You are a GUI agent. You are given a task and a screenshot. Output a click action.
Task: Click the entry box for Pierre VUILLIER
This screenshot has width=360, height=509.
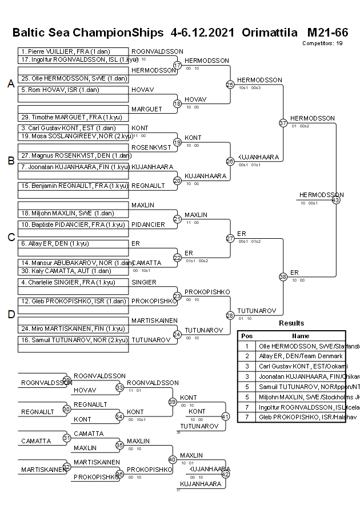coord(73,51)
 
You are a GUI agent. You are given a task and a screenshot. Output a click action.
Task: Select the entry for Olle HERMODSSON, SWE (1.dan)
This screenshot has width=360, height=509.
coord(73,78)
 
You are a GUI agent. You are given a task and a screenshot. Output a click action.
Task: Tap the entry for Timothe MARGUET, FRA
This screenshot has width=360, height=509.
coord(73,117)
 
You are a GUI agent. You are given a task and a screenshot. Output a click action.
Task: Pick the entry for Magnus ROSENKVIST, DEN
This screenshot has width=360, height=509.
coord(73,155)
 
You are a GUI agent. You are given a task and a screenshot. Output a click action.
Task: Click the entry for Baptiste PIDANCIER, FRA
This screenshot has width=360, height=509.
coord(73,225)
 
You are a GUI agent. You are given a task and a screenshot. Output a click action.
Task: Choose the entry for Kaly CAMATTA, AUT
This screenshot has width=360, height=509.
coord(73,271)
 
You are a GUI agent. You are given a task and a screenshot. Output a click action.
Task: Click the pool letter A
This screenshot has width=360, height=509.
coord(10,84)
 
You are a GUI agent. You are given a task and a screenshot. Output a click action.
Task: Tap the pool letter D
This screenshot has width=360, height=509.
coord(10,314)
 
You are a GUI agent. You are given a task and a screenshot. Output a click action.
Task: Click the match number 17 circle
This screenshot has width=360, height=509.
coord(177,66)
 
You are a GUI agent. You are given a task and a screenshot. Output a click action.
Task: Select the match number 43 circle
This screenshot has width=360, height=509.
coord(336,200)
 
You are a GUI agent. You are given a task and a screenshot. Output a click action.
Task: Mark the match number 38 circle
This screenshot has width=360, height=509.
coord(283,276)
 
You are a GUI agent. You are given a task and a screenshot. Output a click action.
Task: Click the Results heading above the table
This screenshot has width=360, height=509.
coord(291,323)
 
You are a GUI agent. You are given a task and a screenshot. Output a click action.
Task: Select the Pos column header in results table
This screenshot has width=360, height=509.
coord(247,336)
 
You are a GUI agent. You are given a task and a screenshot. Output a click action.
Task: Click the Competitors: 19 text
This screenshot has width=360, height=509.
coord(322,43)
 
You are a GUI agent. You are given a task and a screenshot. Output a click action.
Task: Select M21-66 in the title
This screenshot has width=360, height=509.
coord(327,32)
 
